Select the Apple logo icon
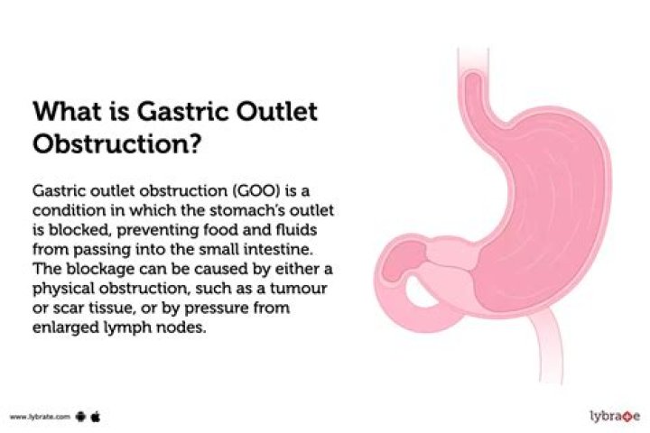[94, 417]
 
